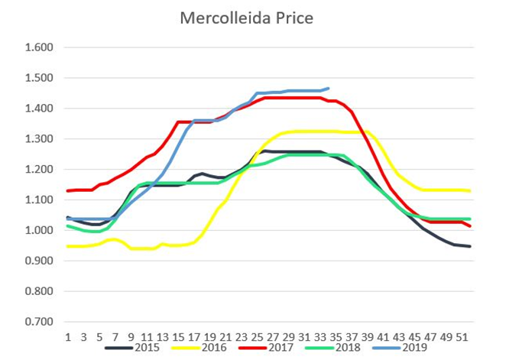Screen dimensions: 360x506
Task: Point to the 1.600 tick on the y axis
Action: click(x=40, y=47)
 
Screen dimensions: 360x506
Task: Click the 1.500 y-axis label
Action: click(x=40, y=78)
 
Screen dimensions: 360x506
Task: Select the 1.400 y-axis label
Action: click(x=40, y=109)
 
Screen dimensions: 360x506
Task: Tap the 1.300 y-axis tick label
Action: click(x=40, y=139)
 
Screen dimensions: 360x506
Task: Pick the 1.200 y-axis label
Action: click(x=40, y=170)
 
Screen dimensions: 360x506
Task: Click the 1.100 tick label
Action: click(x=40, y=200)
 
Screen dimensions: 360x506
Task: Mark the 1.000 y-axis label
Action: click(x=40, y=231)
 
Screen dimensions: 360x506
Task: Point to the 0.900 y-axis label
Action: click(x=40, y=261)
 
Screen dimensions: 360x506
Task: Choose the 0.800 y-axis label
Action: click(x=40, y=292)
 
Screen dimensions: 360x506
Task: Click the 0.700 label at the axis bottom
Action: click(x=40, y=323)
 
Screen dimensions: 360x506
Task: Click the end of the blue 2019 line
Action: click(x=328, y=89)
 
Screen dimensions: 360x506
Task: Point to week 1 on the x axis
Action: click(x=68, y=336)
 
